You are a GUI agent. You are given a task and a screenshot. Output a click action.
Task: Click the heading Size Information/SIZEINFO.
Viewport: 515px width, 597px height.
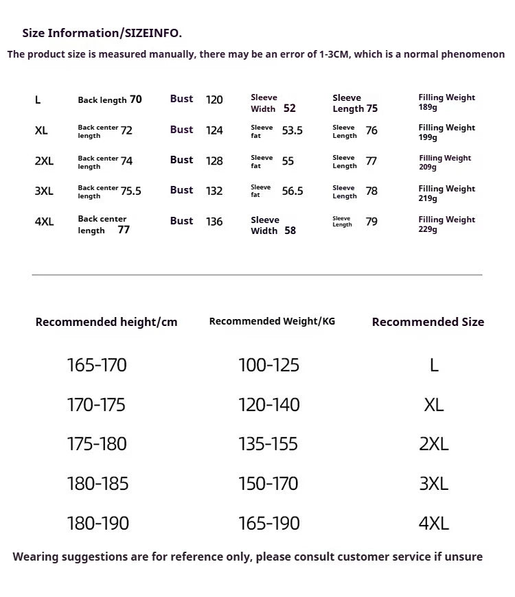[x=102, y=33]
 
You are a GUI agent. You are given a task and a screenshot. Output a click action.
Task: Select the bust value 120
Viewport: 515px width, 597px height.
[x=214, y=99]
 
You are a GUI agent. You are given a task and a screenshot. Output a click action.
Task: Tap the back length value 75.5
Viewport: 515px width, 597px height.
[x=130, y=191]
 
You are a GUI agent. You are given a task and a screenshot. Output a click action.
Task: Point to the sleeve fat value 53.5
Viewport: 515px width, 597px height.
[x=292, y=130]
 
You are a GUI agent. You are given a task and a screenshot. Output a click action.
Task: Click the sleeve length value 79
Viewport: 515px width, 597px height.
[x=371, y=222]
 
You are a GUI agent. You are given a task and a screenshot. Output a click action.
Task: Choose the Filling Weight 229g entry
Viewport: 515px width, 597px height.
[x=446, y=224]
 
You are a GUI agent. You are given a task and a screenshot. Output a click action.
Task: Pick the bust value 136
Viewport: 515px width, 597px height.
[x=214, y=222]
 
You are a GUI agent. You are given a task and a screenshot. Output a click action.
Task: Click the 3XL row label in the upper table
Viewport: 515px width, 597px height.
[x=43, y=191]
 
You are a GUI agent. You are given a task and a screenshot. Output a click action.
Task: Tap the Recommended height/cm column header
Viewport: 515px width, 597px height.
[x=106, y=322]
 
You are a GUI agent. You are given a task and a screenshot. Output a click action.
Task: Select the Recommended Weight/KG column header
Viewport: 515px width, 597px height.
[x=272, y=321]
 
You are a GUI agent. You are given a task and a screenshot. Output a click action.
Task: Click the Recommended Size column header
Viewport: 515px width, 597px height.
[x=428, y=322]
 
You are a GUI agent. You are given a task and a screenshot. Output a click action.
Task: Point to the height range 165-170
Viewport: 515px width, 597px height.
[x=97, y=365]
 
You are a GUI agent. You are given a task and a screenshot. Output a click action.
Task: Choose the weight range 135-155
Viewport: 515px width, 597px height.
[x=268, y=444]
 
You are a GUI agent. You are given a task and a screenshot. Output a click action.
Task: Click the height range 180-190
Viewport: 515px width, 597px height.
[x=98, y=523]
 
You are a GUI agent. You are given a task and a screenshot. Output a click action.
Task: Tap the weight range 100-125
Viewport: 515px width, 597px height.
[x=268, y=365]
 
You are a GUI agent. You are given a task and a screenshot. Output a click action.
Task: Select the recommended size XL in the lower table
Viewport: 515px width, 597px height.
[x=434, y=405]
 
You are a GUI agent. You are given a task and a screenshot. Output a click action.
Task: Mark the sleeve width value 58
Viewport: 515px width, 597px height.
[x=290, y=231]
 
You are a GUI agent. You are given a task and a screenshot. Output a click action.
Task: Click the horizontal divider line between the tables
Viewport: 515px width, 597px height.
[x=257, y=274]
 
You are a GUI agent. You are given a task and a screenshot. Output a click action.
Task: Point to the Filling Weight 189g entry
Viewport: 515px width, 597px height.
[x=446, y=102]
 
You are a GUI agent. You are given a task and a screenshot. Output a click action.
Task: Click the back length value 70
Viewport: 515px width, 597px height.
[x=136, y=99]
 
